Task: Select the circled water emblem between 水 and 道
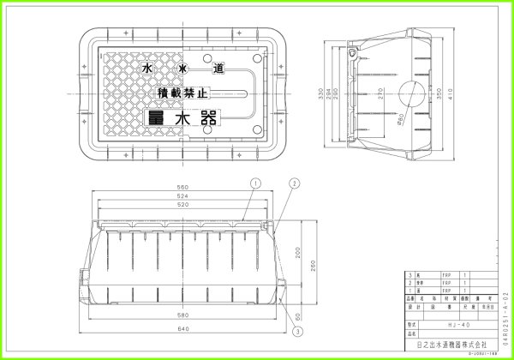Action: (182, 66)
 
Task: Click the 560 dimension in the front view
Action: (182, 188)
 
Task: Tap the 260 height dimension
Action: (314, 268)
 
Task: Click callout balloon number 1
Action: (255, 183)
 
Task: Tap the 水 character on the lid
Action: (148, 66)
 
